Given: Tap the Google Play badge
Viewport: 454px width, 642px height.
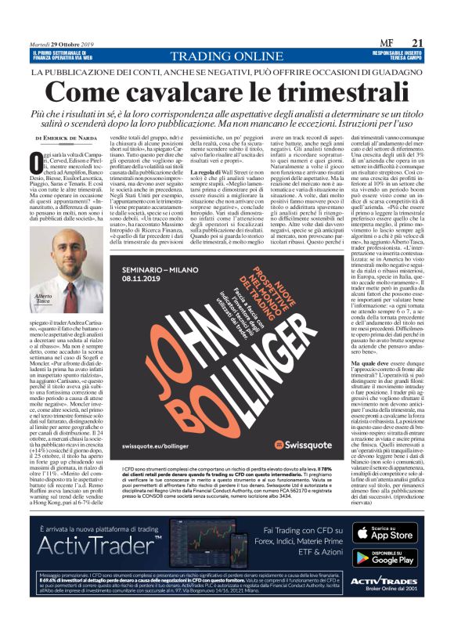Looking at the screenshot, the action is (x=383, y=557).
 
